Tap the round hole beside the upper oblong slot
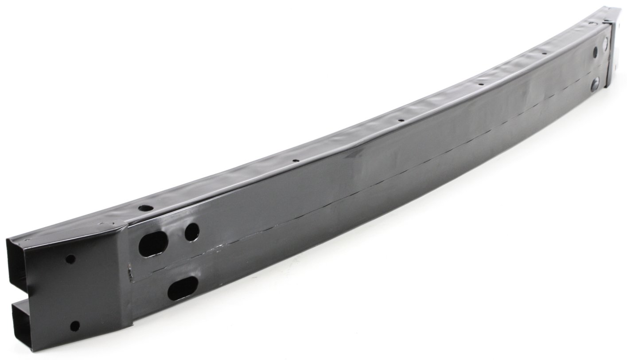(192, 232)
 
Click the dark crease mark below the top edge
(354, 153)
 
